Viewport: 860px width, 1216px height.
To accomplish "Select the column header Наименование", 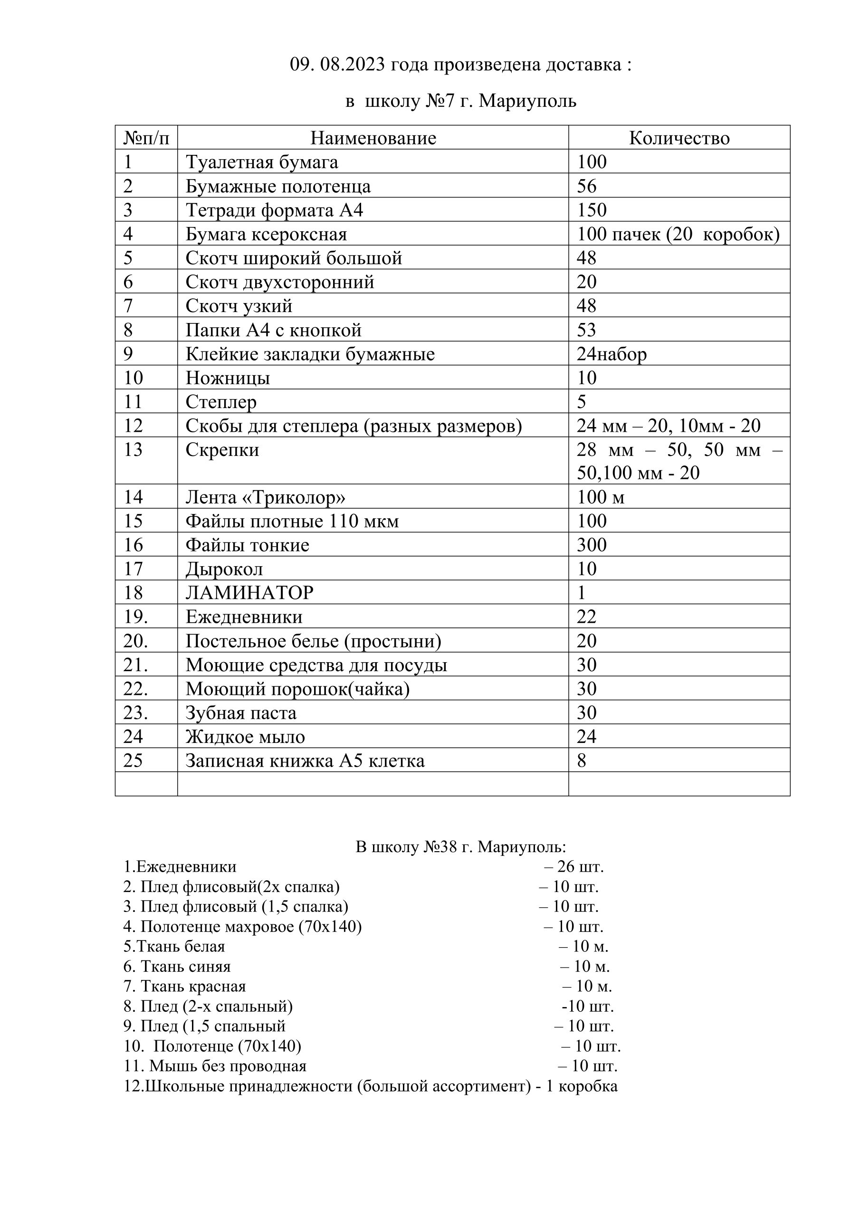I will (373, 138).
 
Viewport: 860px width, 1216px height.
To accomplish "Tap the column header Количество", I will (679, 138).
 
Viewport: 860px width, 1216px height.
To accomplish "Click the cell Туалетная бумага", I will (262, 162).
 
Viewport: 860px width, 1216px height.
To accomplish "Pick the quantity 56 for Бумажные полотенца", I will (587, 186).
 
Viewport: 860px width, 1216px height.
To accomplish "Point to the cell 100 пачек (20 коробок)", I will (678, 234).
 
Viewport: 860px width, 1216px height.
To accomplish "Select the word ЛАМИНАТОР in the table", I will (249, 593).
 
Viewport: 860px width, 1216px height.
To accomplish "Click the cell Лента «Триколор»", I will (266, 497).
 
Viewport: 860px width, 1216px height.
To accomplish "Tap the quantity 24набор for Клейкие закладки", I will (612, 354).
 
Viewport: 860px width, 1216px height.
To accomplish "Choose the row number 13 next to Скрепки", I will (133, 450).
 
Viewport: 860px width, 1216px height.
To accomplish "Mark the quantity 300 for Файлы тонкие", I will (592, 545).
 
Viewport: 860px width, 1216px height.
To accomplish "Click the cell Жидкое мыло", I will (245, 737).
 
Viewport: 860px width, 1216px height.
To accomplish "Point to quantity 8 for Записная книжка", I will (582, 761).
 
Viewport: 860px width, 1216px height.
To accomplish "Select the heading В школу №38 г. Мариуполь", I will (460, 847).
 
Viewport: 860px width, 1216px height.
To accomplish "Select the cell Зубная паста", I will (241, 713).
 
